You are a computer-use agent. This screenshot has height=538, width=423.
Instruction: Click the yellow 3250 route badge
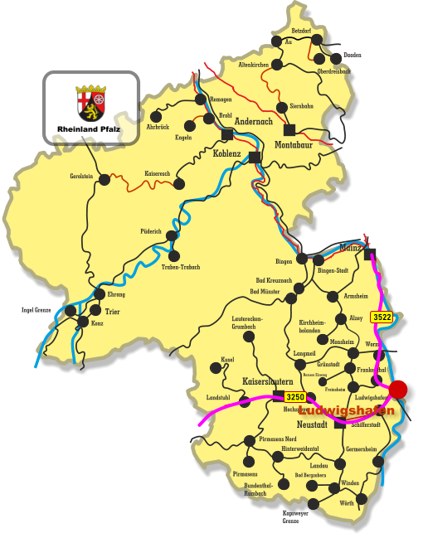(295, 397)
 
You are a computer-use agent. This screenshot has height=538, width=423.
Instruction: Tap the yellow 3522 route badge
(382, 317)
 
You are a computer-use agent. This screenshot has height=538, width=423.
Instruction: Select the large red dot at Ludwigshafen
(398, 389)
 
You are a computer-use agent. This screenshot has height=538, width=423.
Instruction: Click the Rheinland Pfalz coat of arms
(91, 102)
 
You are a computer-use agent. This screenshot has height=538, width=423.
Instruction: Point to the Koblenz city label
(226, 154)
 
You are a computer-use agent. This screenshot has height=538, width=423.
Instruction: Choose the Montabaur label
(294, 145)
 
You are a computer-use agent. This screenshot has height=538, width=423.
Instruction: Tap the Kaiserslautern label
(267, 381)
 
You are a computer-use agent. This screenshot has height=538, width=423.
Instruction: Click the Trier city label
(113, 312)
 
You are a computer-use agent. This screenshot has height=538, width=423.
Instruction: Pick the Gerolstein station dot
(105, 179)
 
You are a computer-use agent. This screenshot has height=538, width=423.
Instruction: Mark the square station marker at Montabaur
(289, 129)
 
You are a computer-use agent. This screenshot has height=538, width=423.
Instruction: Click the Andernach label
(253, 121)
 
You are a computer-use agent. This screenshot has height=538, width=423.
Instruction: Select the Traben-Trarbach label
(181, 267)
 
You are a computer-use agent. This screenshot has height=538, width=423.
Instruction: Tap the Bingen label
(284, 261)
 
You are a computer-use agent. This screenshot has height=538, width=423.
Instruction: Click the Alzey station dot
(341, 318)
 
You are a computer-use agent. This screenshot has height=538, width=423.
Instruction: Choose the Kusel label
(227, 361)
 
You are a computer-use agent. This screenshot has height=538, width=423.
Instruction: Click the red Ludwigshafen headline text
(347, 410)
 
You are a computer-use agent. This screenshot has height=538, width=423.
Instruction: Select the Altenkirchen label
(254, 64)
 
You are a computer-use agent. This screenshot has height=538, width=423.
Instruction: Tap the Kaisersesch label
(157, 173)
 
